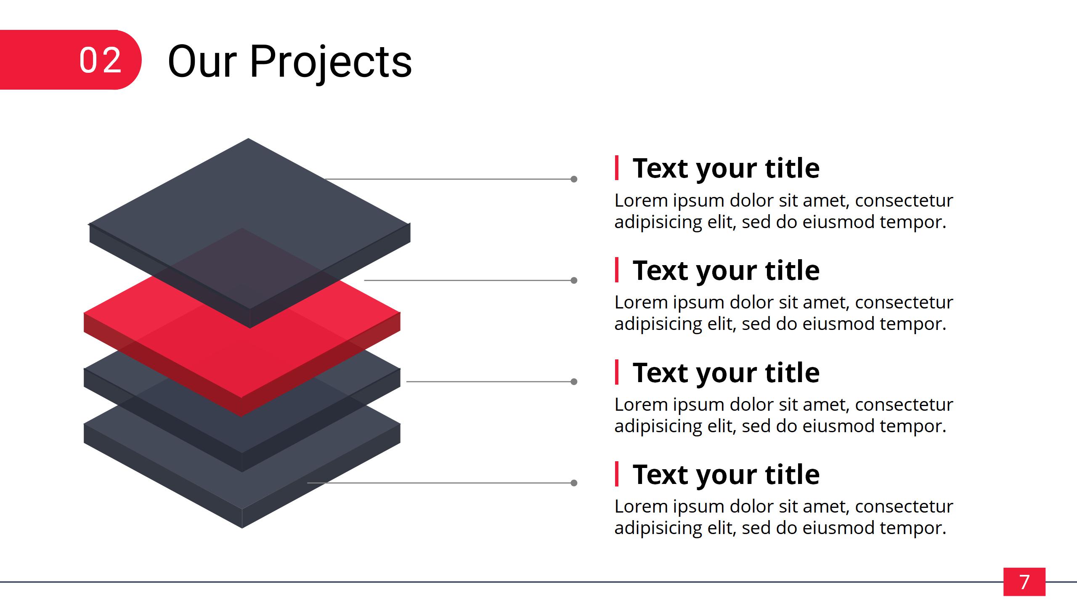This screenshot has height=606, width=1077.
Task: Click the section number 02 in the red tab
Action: point(101,61)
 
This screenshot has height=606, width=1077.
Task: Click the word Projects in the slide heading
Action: point(331,63)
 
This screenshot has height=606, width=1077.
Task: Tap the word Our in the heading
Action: point(202,62)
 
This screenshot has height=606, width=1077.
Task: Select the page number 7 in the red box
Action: point(1024,582)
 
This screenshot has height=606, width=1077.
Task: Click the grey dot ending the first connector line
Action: point(574,179)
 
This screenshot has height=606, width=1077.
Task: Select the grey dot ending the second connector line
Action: point(574,280)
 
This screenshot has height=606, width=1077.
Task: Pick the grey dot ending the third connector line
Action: point(574,382)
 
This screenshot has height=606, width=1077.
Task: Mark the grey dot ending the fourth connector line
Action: point(574,483)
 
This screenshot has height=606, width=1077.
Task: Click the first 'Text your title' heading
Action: point(726,169)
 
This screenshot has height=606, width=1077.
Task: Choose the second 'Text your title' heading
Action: point(726,271)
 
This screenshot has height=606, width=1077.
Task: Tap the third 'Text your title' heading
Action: point(726,373)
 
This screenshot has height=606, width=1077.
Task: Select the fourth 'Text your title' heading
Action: point(726,475)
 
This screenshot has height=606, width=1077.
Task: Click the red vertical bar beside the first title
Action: point(617,168)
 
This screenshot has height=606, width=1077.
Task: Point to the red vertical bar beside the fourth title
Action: point(617,474)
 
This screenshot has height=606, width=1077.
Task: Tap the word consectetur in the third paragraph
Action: point(904,404)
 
